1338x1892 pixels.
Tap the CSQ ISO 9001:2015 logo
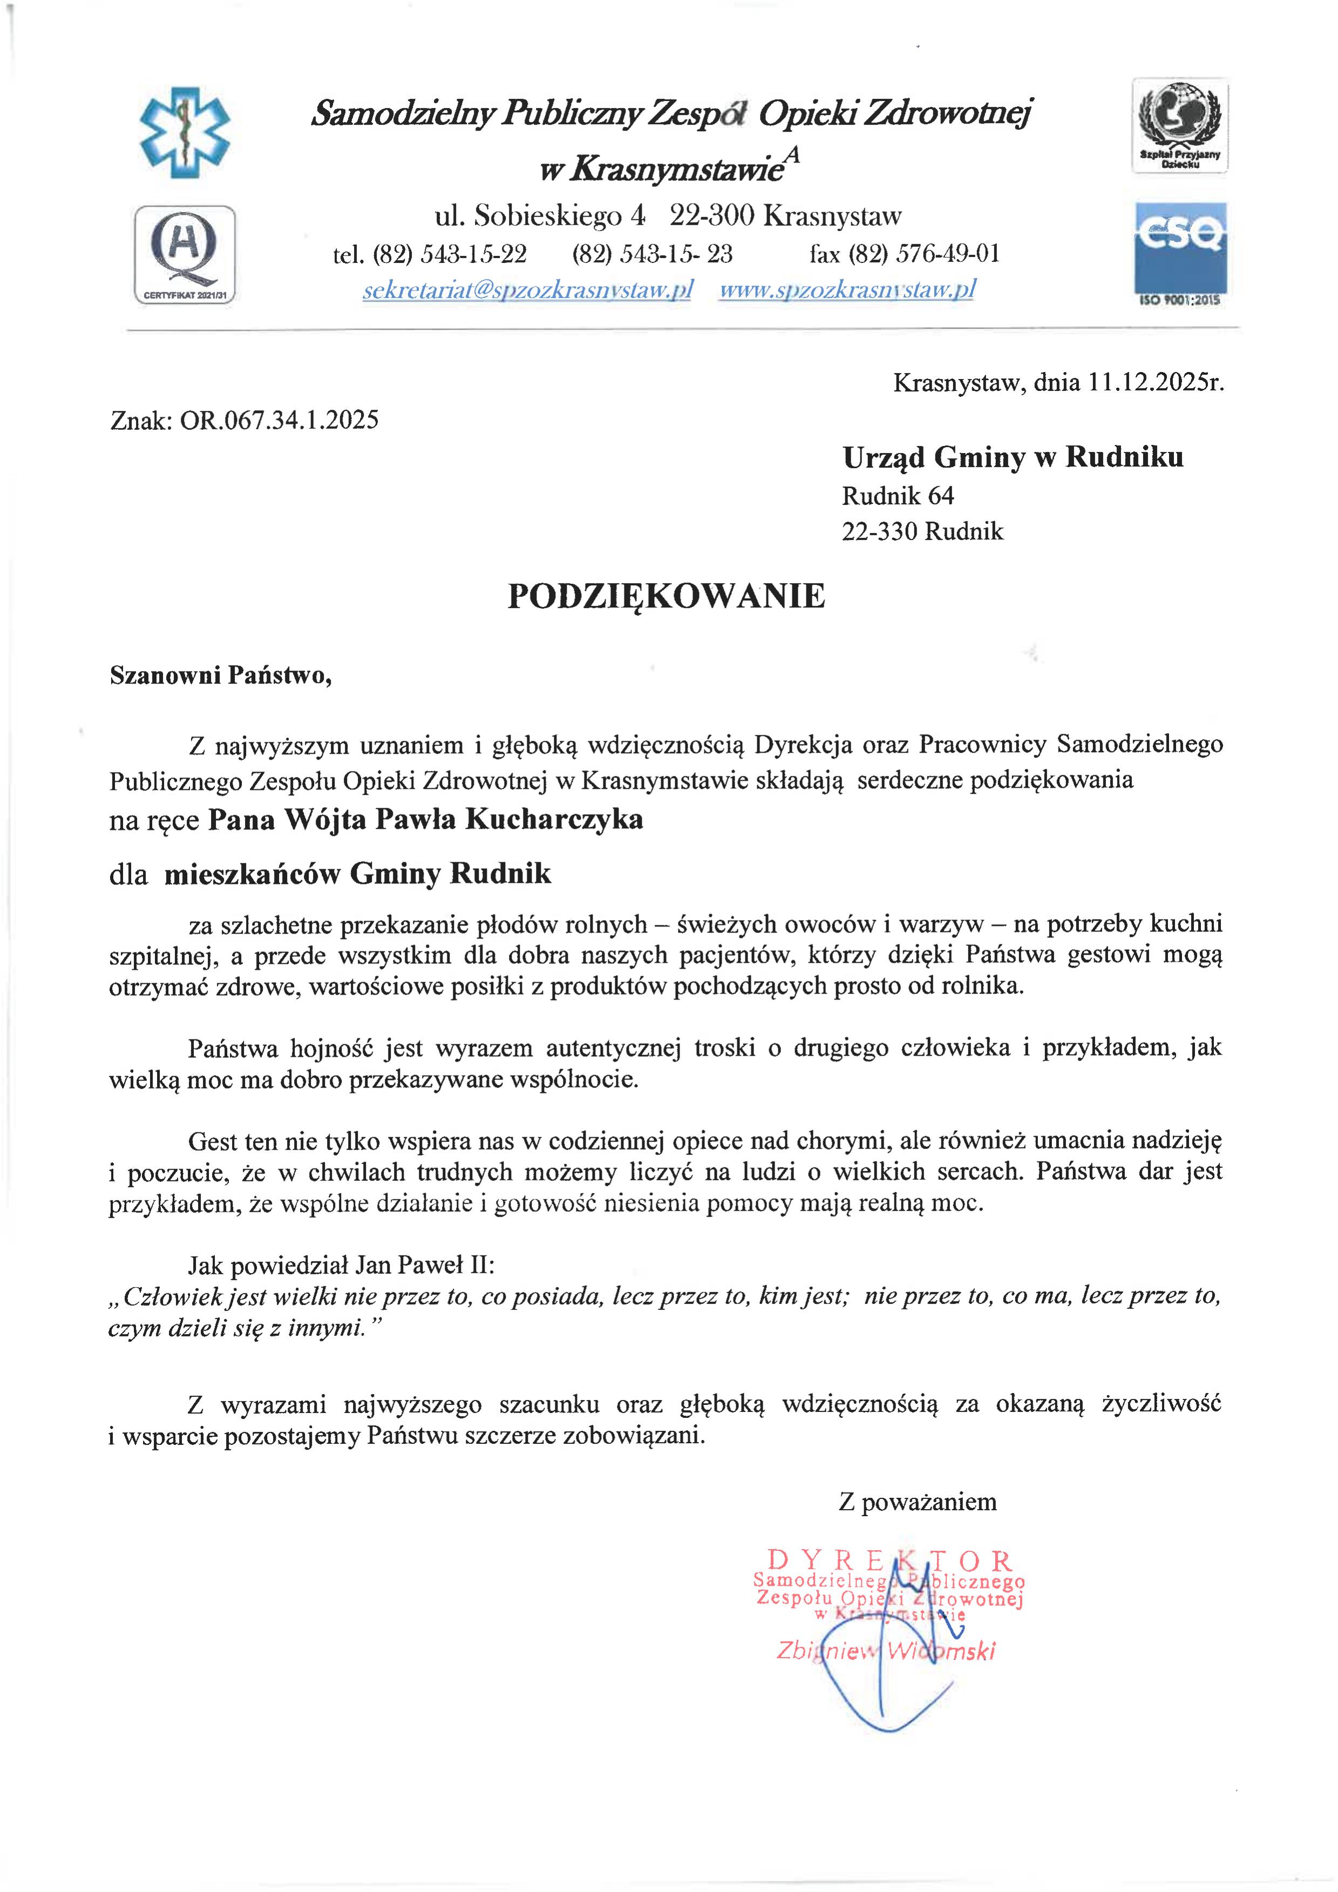(x=1180, y=254)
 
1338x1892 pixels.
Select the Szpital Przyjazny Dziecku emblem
(x=1180, y=125)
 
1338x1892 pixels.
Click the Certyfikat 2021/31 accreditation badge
(x=185, y=255)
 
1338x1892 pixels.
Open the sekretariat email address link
(x=527, y=290)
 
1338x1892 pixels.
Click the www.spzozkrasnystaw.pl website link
(x=847, y=290)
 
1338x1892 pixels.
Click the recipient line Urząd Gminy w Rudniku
(x=1012, y=457)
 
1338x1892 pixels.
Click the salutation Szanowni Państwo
(x=221, y=675)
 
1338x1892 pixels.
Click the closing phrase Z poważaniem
(x=917, y=1502)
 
